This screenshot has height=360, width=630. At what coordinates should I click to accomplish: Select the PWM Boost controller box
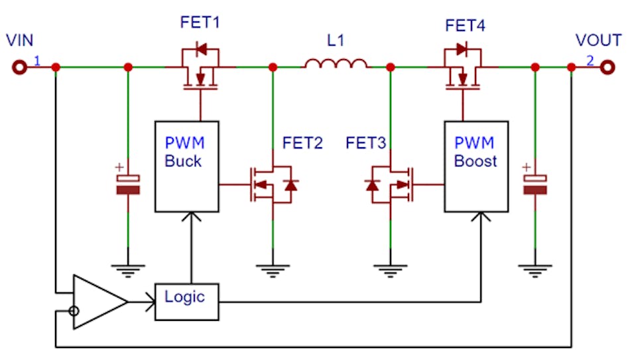point(475,166)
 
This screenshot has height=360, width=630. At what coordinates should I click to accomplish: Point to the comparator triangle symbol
point(98,302)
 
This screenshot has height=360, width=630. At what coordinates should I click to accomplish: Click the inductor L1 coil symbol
point(336,64)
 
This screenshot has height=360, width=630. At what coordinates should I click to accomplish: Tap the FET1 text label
point(200,23)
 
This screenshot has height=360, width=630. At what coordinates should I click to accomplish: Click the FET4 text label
point(465,27)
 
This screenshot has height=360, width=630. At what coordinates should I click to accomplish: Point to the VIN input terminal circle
point(19,67)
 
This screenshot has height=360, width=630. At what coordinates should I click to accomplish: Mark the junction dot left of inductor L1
point(273,67)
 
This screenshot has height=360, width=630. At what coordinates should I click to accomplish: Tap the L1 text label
point(336,41)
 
